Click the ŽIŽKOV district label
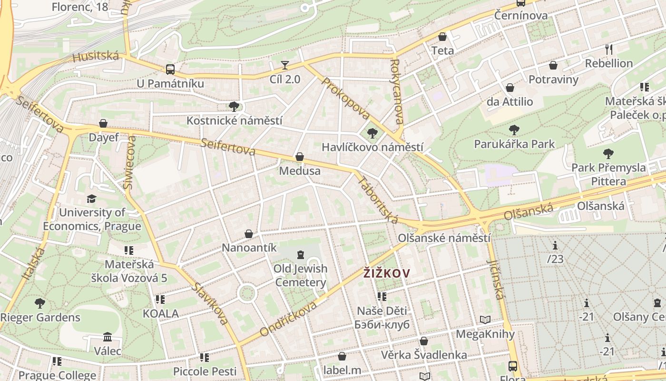point(387,273)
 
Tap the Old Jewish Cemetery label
point(300,275)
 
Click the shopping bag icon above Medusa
point(300,157)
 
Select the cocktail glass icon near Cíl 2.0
point(285,65)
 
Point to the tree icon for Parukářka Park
point(514,130)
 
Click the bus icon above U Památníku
point(170,70)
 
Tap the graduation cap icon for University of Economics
point(91,199)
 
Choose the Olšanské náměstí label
point(444,238)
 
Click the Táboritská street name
point(377,200)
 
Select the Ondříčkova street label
point(288,319)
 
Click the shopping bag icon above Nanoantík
point(249,234)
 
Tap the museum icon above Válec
point(108,337)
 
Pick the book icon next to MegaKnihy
point(485,320)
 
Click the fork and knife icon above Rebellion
point(609,49)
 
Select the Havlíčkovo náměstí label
point(372,147)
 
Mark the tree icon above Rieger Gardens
point(40,303)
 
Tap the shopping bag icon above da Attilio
point(510,88)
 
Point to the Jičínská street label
point(495,280)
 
